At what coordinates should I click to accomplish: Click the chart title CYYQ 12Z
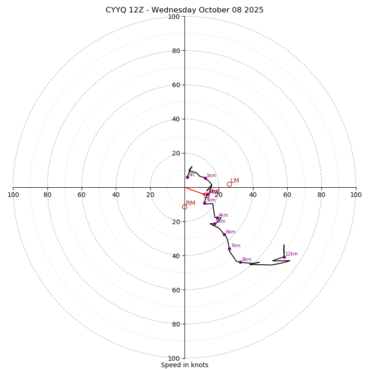[184, 10]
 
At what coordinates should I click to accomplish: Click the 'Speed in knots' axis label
[184, 365]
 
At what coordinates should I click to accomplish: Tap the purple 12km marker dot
[284, 257]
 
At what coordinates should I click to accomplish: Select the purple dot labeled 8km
[240, 262]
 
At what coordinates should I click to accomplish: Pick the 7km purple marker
[229, 249]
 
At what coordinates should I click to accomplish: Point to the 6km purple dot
[224, 234]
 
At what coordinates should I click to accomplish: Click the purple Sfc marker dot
[187, 177]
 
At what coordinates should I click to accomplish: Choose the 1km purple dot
[205, 178]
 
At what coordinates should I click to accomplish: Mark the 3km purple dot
[204, 203]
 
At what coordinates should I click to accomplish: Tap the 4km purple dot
[217, 218]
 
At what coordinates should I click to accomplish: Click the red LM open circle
[229, 184]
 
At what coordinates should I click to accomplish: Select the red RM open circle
[184, 207]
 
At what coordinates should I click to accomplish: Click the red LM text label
[235, 180]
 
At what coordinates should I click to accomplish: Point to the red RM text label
[190, 203]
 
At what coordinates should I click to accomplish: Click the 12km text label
[292, 254]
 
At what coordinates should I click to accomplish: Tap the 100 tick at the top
[173, 17]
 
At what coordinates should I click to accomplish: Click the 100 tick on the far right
[356, 195]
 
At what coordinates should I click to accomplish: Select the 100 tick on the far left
[13, 195]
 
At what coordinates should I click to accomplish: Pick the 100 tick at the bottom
[173, 358]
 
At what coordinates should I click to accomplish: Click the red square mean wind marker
[206, 195]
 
